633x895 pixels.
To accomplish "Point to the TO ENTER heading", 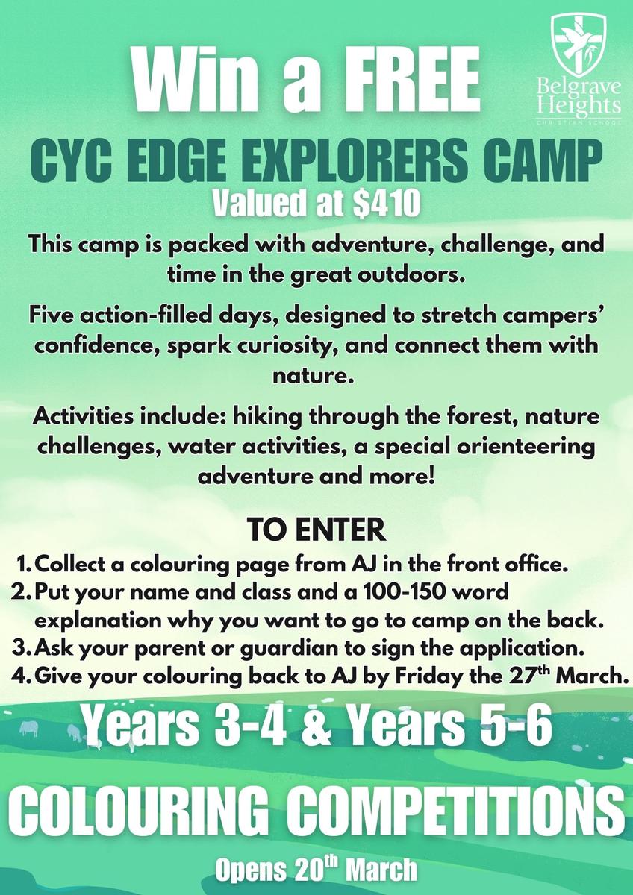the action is coord(316,530).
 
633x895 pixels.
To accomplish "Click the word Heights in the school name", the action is coord(579,105).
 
